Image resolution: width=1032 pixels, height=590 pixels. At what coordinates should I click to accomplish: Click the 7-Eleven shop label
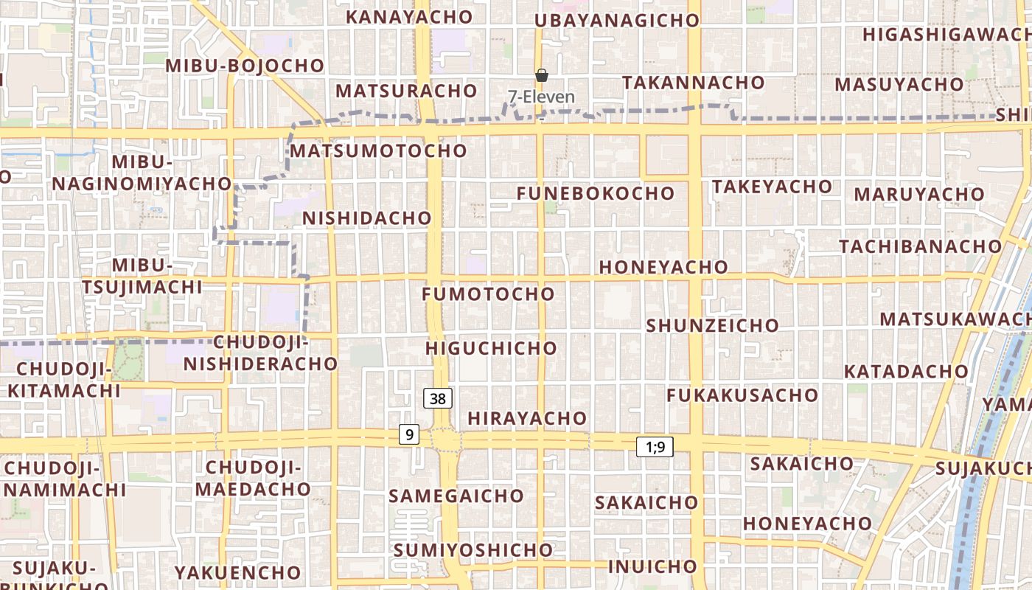tap(541, 97)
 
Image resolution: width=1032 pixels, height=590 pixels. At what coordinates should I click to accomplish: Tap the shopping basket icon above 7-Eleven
tap(542, 75)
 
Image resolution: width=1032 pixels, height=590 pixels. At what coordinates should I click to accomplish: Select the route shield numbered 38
tap(438, 399)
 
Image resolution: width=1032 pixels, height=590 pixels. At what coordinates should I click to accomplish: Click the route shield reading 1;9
tap(655, 446)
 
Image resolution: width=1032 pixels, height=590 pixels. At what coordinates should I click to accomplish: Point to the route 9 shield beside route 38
tap(409, 434)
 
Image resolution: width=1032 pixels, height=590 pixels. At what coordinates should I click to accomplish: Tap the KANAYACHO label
tap(409, 16)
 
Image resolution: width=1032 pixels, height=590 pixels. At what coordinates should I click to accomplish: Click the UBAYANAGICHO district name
tap(616, 21)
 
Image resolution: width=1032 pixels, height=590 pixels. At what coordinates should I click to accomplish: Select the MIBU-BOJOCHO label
tap(245, 66)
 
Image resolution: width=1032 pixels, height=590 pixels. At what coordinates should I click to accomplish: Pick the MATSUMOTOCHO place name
tap(378, 151)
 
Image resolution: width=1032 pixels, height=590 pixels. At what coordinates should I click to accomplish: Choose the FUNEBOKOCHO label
tap(595, 194)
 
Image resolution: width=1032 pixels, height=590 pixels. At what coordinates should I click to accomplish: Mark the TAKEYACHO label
tap(772, 187)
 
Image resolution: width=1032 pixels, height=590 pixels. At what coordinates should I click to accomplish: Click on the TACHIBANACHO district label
tap(921, 246)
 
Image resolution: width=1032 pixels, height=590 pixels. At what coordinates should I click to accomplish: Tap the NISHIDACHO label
tap(366, 218)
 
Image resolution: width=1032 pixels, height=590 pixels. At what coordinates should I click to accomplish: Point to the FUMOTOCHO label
tap(488, 294)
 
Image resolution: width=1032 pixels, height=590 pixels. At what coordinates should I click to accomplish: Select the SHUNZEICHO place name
tap(712, 325)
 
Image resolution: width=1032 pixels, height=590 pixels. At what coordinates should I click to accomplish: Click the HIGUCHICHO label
tap(491, 348)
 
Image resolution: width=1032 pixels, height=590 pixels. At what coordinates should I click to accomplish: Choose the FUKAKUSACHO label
tap(742, 395)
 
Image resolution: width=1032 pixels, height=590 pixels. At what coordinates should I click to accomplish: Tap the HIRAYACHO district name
tap(527, 419)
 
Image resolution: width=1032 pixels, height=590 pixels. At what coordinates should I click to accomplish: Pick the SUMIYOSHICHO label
tap(473, 550)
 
